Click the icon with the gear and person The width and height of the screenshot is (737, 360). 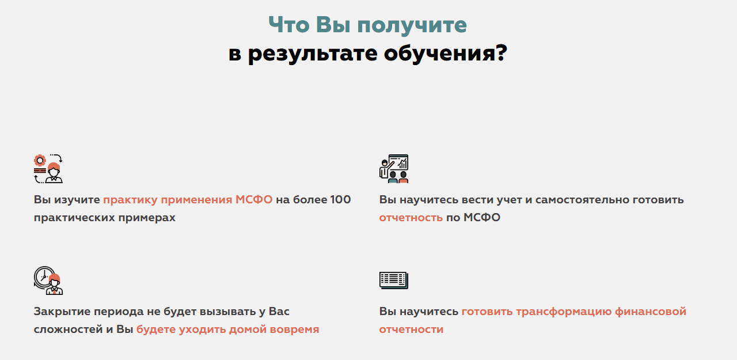click(48, 169)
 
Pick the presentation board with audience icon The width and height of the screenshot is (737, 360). click(394, 169)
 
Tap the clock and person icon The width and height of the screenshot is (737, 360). click(48, 281)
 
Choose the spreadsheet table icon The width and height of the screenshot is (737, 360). click(394, 280)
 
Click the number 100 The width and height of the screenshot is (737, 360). click(340, 200)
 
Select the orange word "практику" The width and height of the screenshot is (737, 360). click(130, 200)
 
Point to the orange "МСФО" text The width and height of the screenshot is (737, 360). click(254, 200)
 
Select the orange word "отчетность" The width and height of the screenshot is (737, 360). click(411, 218)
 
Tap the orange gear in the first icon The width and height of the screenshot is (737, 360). click(40, 161)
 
